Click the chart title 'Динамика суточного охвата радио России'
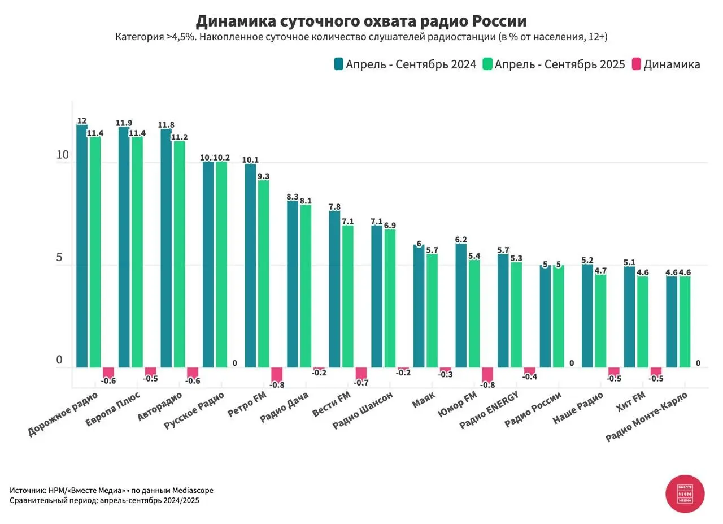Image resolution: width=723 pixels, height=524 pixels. [x=361, y=21]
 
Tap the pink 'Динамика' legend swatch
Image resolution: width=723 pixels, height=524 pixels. [x=636, y=64]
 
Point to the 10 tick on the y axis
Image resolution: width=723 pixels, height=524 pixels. [x=62, y=155]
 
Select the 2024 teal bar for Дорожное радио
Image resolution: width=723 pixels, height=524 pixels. [x=82, y=246]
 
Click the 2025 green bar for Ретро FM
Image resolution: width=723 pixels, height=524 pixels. [x=264, y=274]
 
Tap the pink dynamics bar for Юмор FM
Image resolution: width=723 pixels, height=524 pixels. [x=487, y=375]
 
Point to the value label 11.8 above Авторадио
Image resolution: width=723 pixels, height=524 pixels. [x=166, y=125]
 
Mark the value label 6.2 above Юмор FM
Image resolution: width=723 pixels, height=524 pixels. [x=461, y=240]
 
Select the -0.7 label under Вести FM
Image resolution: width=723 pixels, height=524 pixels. [x=361, y=383]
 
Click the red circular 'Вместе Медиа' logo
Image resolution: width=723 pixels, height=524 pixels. [x=685, y=493]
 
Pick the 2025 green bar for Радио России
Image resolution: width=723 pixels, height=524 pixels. [x=559, y=317]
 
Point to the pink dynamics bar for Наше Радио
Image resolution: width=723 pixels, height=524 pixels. [x=613, y=371]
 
